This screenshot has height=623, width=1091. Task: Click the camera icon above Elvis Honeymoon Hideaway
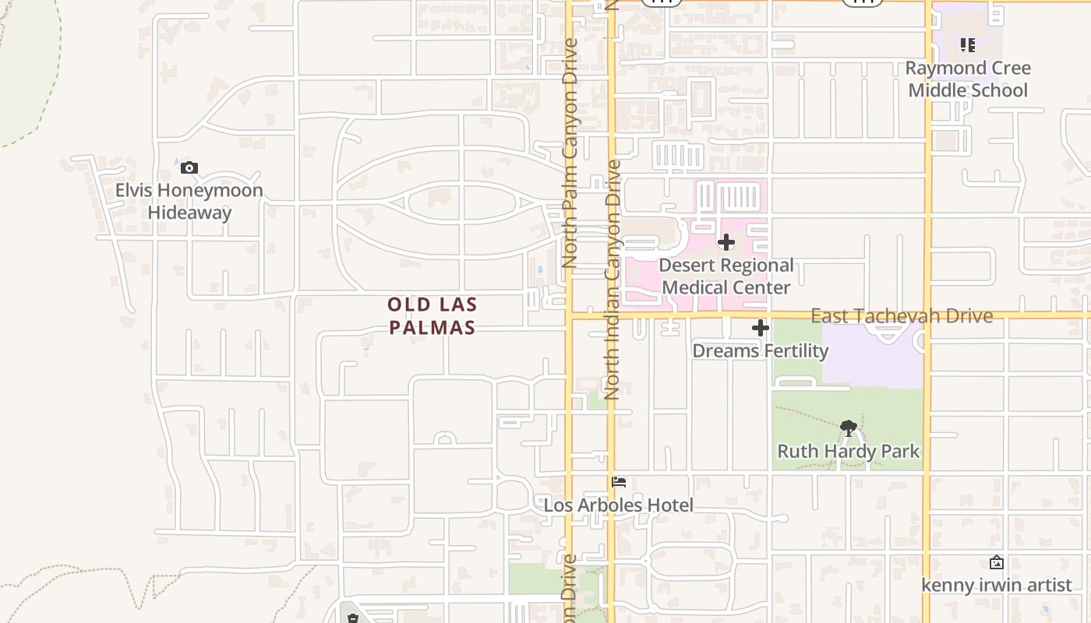click(189, 167)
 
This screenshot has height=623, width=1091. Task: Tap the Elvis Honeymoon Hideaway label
click(189, 202)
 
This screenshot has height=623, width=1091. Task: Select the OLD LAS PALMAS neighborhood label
click(433, 315)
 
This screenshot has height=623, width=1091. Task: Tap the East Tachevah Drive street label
click(902, 315)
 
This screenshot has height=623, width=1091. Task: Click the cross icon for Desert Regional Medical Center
click(726, 242)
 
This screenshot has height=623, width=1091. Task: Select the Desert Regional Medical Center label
click(726, 276)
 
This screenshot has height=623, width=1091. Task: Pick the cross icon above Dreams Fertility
click(761, 328)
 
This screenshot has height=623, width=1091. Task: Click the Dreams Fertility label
click(761, 351)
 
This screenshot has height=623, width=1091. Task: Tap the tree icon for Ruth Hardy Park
click(849, 428)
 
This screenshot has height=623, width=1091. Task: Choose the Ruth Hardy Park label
click(849, 451)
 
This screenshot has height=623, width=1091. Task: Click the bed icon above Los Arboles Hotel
click(619, 482)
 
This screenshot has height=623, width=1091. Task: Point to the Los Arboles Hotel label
click(618, 505)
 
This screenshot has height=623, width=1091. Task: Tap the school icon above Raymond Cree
click(968, 45)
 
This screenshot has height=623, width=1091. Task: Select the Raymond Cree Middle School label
click(968, 79)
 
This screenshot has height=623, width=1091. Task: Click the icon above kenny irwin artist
click(996, 562)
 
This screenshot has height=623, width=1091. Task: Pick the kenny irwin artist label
click(997, 585)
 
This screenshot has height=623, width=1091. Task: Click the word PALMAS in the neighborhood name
click(433, 327)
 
